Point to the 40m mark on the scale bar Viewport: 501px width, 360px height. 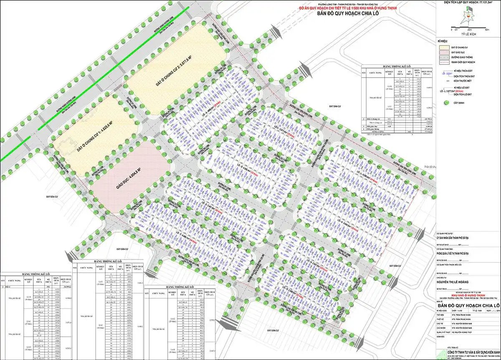[x=487, y=30]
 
